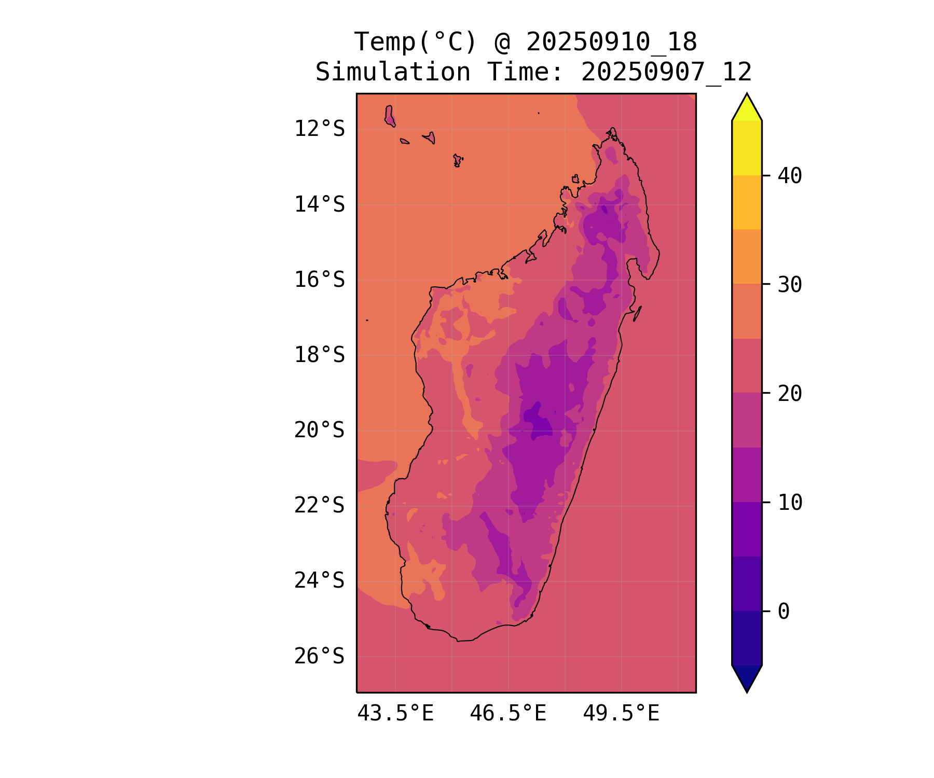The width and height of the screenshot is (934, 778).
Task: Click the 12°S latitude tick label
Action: click(x=319, y=129)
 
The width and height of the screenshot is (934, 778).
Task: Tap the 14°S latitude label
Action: click(x=319, y=204)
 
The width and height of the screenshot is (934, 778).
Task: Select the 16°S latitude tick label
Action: click(x=319, y=280)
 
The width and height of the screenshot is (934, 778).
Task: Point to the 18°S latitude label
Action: click(x=319, y=355)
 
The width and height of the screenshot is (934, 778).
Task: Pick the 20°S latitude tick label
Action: click(x=319, y=430)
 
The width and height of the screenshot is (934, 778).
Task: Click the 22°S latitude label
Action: click(x=319, y=505)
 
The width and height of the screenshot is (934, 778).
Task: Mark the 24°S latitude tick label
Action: click(x=319, y=580)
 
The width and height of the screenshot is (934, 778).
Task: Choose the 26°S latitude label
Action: click(x=319, y=656)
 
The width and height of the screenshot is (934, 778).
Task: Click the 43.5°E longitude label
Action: click(x=395, y=714)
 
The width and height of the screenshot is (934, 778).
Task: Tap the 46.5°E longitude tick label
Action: click(x=508, y=714)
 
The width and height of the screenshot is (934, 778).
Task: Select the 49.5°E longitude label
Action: click(x=621, y=714)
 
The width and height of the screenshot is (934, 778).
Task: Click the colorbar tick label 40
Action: click(x=790, y=176)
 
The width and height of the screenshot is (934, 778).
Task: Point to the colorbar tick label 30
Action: click(x=790, y=284)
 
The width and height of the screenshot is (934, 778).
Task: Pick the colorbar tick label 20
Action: click(x=790, y=394)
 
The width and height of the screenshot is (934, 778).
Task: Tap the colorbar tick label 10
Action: click(x=790, y=502)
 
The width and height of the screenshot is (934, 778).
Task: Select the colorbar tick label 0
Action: click(x=784, y=612)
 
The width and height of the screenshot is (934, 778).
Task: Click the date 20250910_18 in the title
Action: click(x=611, y=42)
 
